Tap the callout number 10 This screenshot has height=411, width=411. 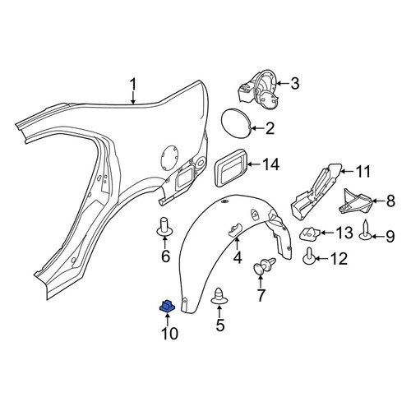coord(169,334)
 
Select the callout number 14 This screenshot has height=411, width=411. coord(270,164)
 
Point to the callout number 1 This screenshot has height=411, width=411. coord(133,85)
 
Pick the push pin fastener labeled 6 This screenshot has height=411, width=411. coord(165,226)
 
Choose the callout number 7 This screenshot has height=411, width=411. coord(261,295)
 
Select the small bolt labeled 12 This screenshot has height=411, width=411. coord(310,256)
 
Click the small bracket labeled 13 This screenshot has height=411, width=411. coord(309,233)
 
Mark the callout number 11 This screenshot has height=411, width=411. coord(363,172)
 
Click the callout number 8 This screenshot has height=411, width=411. coord(390,201)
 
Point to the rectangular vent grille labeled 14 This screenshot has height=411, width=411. coord(231,168)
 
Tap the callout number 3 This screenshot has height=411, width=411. coord(295,83)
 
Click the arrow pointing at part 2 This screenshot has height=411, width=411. coord(256,128)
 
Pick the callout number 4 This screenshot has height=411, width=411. coord(238,257)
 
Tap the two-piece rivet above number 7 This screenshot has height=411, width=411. coord(265,266)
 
